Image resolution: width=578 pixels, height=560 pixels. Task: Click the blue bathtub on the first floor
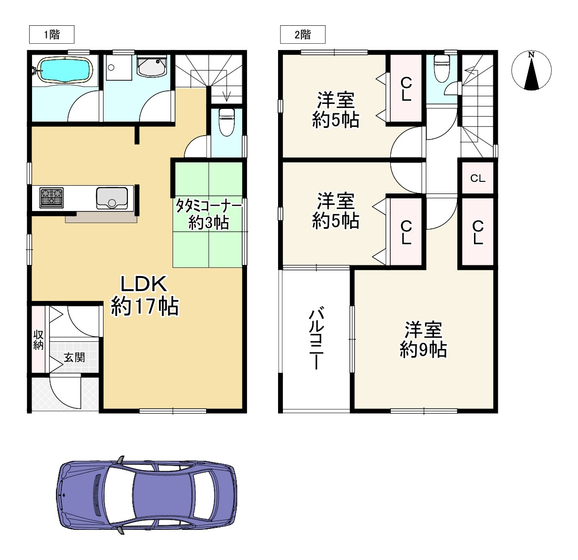(65, 70)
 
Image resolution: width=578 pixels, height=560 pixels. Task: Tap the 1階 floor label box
(52, 35)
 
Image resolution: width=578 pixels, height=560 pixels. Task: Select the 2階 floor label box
(303, 35)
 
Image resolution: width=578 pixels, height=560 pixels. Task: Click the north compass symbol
(531, 70)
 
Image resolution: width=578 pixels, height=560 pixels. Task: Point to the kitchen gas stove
(52, 197)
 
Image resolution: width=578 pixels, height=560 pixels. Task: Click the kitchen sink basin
(112, 198)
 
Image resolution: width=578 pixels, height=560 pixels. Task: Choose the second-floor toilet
(441, 69)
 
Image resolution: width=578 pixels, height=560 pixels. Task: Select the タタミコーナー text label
(208, 206)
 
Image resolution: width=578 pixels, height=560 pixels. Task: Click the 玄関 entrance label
(74, 357)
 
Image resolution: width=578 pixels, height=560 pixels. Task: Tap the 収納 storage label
(38, 340)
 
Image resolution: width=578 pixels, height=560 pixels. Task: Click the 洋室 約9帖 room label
(423, 339)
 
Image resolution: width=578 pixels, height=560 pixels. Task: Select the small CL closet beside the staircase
(478, 178)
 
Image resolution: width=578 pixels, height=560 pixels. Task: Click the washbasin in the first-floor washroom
(152, 67)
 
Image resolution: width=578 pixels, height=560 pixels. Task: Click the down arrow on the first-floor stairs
(227, 96)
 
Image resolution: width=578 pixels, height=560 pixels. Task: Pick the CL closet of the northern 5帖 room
(406, 88)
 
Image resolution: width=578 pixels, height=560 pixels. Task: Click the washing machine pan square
(119, 68)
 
